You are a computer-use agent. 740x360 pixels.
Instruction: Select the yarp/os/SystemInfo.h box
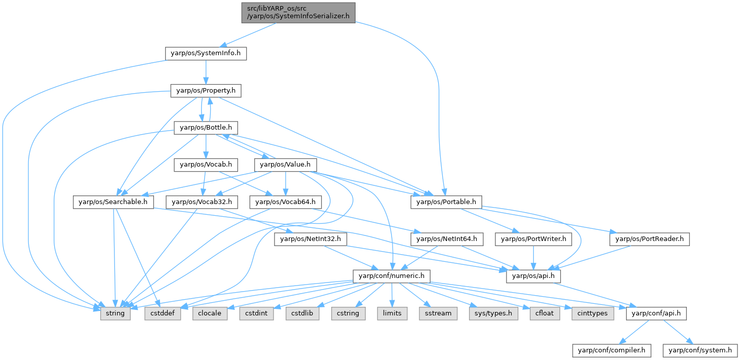pos(206,53)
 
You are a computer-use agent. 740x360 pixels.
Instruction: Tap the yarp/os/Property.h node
pos(206,91)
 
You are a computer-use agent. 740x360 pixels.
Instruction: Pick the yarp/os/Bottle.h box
pos(206,128)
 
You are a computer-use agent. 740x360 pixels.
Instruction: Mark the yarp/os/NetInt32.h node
pos(310,238)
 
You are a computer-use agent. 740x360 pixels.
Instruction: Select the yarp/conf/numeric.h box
pos(392,276)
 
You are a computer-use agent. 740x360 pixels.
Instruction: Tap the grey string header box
pos(116,313)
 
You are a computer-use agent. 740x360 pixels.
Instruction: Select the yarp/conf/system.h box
pos(700,349)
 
